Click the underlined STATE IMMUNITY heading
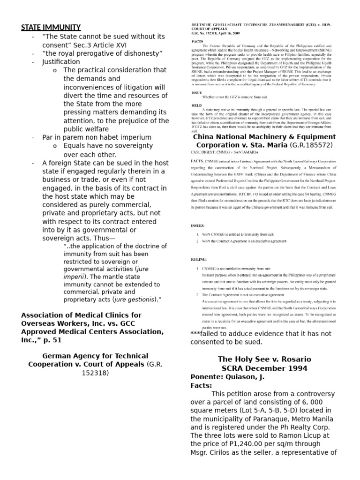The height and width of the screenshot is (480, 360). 51,27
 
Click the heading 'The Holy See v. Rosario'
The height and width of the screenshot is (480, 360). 264,360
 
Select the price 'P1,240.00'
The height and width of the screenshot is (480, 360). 253,444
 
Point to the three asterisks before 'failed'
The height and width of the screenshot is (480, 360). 195,334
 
